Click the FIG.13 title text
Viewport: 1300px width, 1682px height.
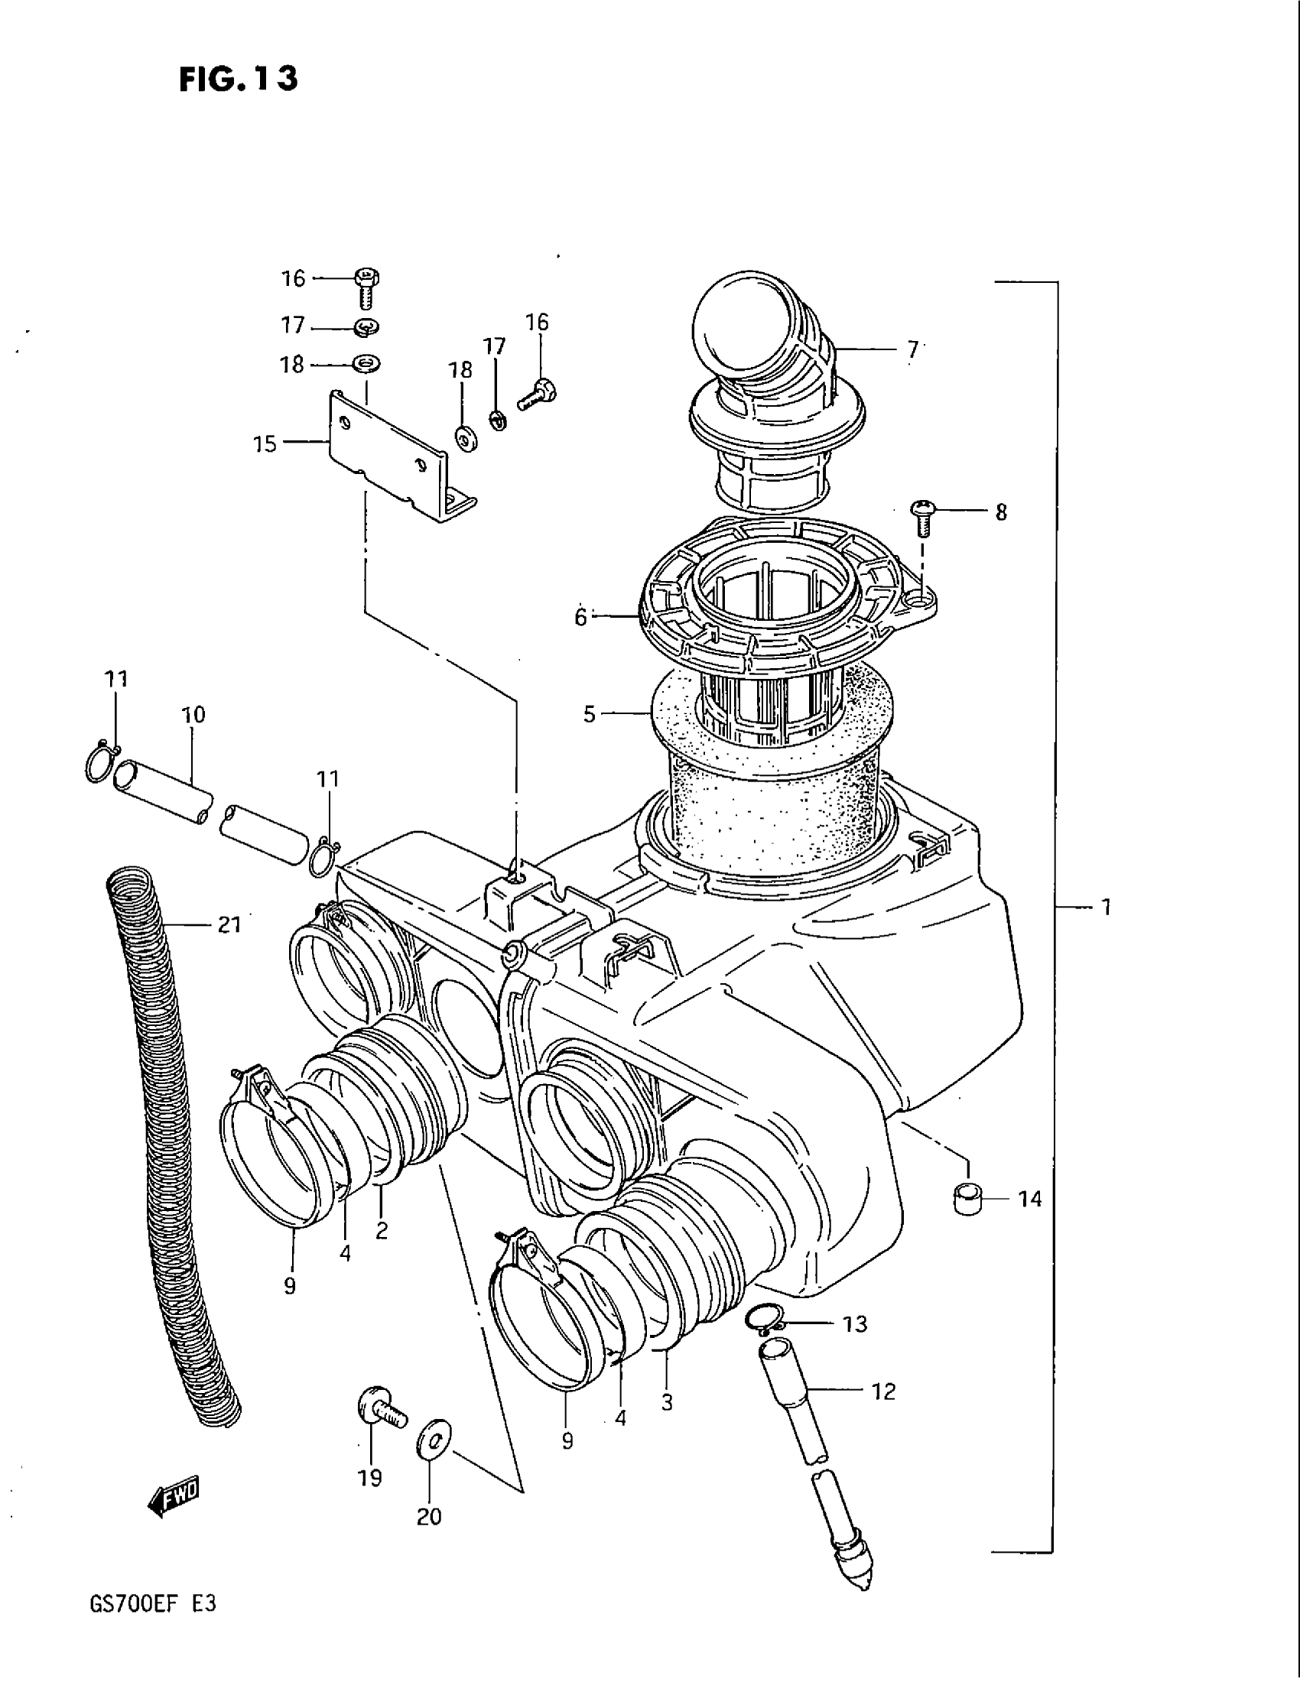(238, 79)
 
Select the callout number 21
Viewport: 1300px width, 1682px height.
(229, 924)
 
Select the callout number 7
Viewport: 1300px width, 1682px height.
(912, 350)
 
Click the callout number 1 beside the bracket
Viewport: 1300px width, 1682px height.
(1105, 908)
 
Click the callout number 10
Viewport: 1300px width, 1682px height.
(193, 715)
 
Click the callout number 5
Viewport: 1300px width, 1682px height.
(589, 714)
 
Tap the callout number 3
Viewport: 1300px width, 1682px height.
(667, 1402)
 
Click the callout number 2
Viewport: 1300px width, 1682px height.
(382, 1231)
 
